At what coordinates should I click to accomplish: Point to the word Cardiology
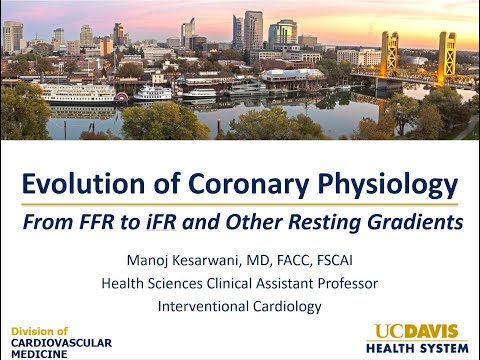pos(286,306)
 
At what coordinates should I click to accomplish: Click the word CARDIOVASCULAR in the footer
pos(62,342)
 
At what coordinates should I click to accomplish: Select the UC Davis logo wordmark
pos(417,331)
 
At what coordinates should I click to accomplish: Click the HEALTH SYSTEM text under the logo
pos(417,348)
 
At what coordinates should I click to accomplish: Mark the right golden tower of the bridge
pos(446,56)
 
